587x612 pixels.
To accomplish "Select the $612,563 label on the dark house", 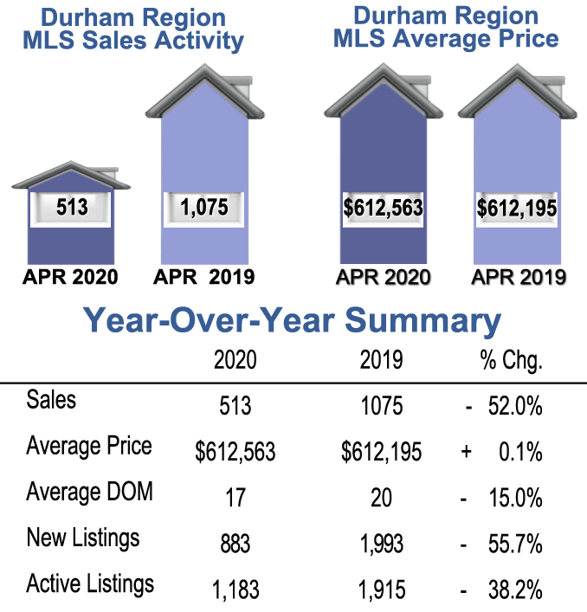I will tap(384, 209).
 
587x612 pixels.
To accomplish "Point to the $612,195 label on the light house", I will tap(517, 209).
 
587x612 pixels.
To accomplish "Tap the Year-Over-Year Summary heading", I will tap(293, 321).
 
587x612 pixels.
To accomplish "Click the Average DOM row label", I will tap(89, 493).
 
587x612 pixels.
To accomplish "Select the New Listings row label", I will tap(83, 538).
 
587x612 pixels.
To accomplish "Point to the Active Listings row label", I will tap(90, 583).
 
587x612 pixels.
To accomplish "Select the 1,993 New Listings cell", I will tap(381, 544).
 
